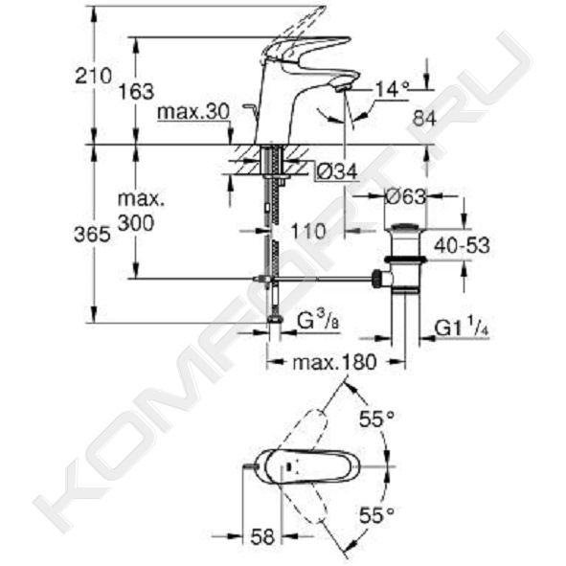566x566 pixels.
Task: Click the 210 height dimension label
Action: [93, 77]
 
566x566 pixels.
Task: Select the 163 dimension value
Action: [136, 92]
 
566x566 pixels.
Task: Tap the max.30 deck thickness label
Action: [193, 112]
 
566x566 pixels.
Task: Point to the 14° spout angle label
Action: [393, 89]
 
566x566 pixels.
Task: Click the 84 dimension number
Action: [425, 118]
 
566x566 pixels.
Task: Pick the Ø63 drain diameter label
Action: [406, 196]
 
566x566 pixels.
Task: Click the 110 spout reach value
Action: [308, 231]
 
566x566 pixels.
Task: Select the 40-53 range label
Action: [462, 246]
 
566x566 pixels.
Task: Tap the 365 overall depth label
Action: [92, 235]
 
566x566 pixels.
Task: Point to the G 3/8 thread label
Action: [318, 321]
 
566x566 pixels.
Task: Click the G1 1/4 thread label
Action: [462, 327]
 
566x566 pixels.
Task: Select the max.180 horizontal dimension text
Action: [334, 362]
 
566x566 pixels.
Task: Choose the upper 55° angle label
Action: [376, 419]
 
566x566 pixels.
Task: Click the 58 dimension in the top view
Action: [262, 536]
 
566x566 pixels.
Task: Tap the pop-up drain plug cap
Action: [406, 227]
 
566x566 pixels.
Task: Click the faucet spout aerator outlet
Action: [343, 88]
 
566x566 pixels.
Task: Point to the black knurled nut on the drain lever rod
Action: [376, 279]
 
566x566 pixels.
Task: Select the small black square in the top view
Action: [288, 466]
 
